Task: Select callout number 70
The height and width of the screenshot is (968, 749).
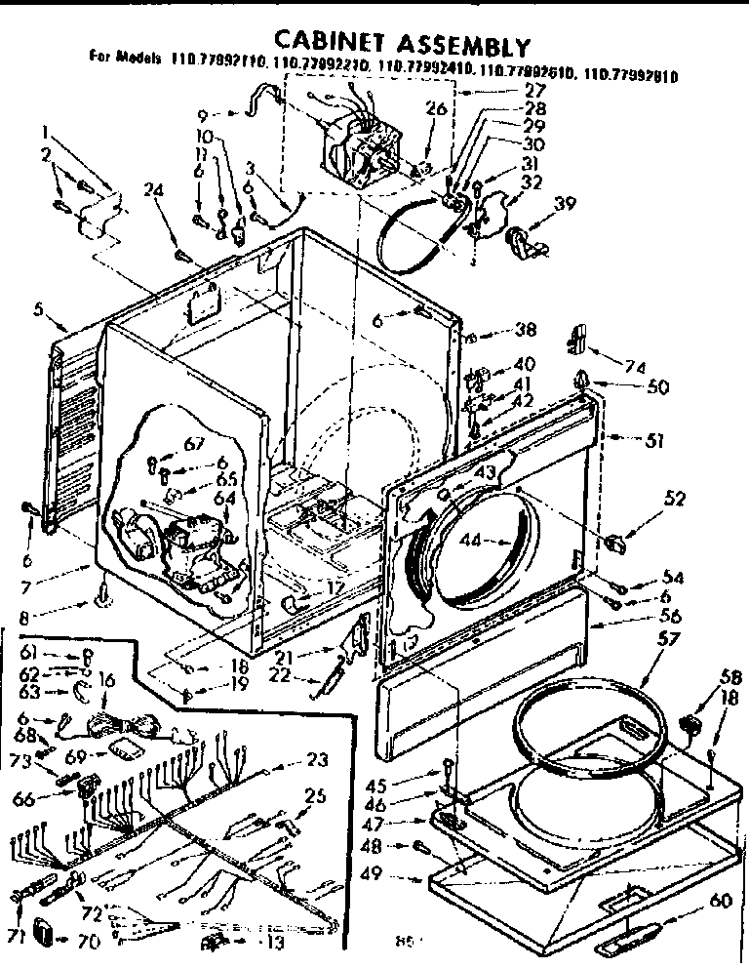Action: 88,942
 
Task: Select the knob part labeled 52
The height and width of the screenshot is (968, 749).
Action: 617,541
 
